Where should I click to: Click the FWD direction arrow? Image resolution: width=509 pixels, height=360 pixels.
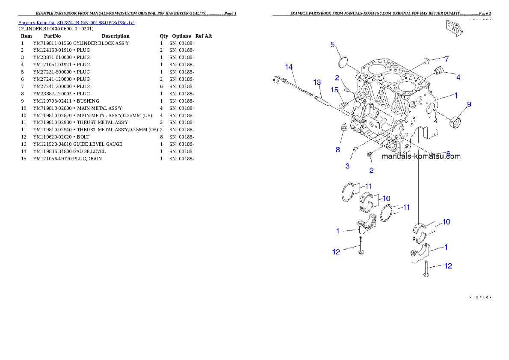[454, 29]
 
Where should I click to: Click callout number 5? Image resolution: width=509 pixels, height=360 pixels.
[332, 44]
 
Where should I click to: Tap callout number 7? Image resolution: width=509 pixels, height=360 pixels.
[446, 59]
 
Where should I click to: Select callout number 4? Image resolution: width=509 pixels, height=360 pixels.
[458, 77]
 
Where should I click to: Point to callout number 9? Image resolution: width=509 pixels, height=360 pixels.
[469, 104]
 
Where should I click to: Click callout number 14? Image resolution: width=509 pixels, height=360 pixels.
[289, 67]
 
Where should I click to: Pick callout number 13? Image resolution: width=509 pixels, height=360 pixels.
[317, 82]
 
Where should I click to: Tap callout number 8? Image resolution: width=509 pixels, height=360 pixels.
[337, 149]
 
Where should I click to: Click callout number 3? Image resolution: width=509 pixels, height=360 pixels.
[347, 165]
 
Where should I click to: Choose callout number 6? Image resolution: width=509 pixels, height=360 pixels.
[448, 153]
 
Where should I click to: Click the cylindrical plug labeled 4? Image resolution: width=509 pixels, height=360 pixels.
[438, 71]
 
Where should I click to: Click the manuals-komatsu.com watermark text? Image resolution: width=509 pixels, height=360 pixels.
[421, 156]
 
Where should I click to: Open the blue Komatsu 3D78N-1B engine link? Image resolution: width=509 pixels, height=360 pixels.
[76, 22]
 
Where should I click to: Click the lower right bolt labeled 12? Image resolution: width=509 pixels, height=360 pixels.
[426, 270]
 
